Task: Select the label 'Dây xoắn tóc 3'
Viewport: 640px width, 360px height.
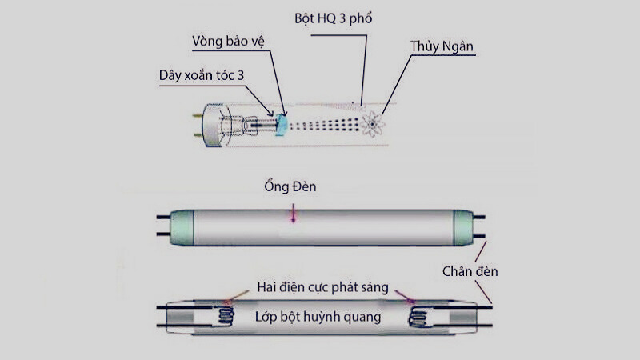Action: coord(200,75)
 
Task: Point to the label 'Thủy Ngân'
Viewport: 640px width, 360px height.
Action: coord(442,47)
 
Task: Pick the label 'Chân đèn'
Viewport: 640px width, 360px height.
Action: coord(470,271)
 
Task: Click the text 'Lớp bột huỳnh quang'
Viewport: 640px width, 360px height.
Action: coord(318,316)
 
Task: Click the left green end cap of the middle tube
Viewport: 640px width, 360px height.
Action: coord(182,226)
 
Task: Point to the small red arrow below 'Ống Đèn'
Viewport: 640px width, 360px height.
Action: coord(293,214)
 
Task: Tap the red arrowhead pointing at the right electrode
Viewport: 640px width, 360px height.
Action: coord(414,302)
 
